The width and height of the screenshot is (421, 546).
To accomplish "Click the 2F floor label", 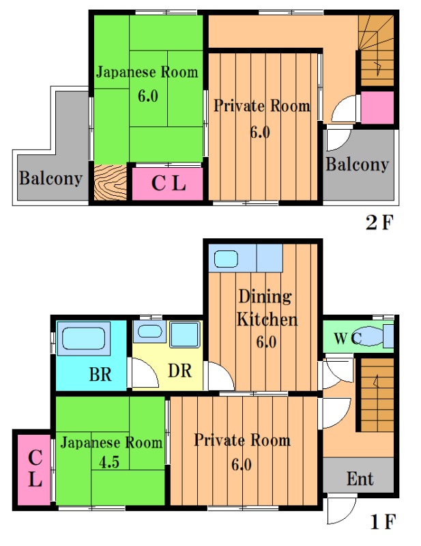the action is [379, 222].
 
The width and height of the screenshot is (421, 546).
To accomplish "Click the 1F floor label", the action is [383, 521].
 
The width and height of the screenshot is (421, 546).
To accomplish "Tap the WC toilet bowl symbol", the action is [370, 336].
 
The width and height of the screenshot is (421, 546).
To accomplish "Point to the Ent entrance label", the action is [360, 479].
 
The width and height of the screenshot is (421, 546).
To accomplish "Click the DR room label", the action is [180, 371].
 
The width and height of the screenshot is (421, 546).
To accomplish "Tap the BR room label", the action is [100, 374].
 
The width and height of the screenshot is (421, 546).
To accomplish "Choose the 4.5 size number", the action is [109, 462].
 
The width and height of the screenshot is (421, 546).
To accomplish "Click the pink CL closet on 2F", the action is [168, 184].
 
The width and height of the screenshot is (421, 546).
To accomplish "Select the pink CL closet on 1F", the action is [35, 469].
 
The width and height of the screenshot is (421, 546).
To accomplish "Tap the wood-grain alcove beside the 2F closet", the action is [111, 182].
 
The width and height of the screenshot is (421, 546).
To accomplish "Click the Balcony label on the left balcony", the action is [51, 178].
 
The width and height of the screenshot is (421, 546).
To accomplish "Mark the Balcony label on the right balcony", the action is [358, 164].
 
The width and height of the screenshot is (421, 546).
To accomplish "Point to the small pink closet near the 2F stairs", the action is [377, 107].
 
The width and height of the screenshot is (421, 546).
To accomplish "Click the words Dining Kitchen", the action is [267, 308].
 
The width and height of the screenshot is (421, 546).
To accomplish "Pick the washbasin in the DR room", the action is [149, 331].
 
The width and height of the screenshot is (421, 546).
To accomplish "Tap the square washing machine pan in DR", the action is [185, 334].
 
